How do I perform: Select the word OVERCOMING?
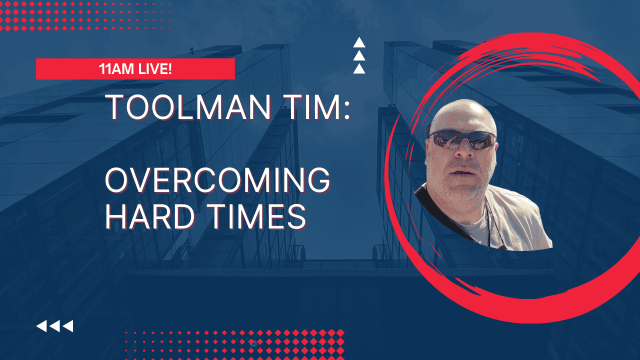(x=217, y=180)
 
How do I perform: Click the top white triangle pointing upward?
(x=359, y=43)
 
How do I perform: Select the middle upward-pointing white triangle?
(x=359, y=56)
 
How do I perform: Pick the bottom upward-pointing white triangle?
(x=359, y=69)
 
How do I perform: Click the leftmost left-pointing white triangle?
(x=41, y=326)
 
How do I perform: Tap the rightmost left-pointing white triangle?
(x=68, y=326)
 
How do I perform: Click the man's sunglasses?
(x=462, y=140)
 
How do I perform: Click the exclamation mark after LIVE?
(x=169, y=69)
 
